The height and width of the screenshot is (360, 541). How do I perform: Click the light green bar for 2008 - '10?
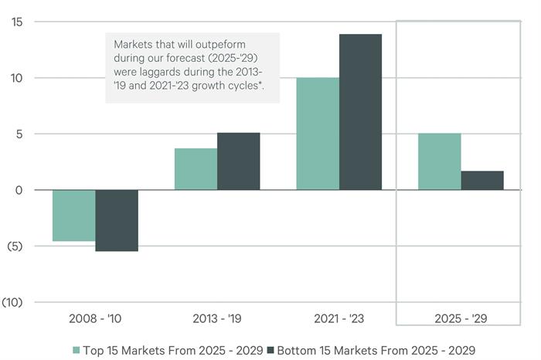[74, 216]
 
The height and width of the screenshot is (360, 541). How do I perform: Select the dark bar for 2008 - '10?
[117, 220]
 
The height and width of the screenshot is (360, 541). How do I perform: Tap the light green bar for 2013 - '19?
[196, 169]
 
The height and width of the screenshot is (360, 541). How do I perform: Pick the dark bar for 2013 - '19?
[238, 161]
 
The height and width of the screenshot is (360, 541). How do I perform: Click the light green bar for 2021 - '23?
[318, 134]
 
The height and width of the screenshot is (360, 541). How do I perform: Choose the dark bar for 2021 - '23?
[360, 112]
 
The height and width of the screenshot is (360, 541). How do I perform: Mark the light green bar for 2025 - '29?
[440, 161]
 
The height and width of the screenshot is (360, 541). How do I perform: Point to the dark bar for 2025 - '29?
[482, 180]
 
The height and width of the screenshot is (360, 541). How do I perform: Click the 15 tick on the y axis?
[16, 22]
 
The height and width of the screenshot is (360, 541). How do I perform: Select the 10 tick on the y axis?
[16, 78]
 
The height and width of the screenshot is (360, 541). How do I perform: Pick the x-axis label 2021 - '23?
[339, 318]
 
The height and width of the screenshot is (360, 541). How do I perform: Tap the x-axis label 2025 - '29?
[461, 318]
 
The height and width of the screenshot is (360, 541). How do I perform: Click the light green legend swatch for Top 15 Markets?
[77, 350]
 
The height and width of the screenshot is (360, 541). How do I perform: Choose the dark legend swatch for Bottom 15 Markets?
[270, 350]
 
